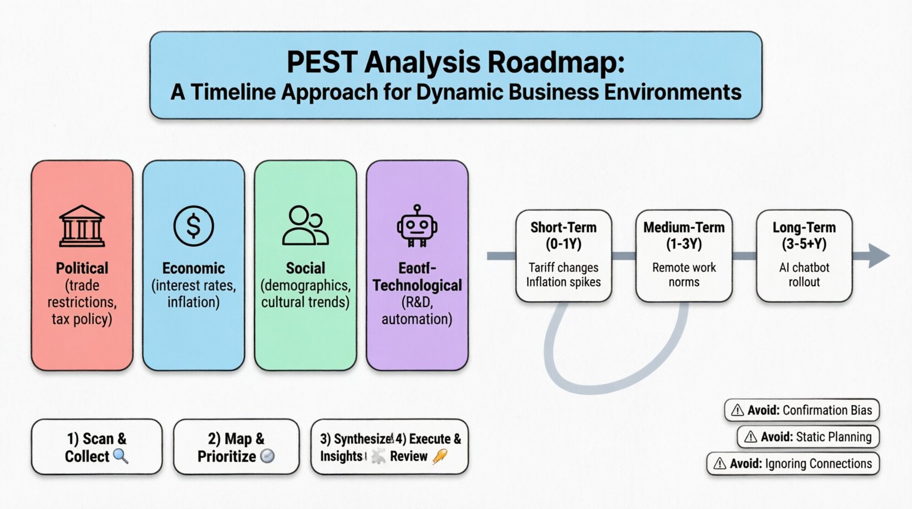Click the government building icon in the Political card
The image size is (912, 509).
(82, 226)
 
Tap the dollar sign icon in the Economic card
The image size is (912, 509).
(193, 225)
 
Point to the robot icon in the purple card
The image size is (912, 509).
(417, 225)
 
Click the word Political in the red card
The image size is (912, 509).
(82, 268)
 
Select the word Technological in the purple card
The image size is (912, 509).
(417, 285)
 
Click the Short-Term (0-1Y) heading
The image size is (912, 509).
(563, 235)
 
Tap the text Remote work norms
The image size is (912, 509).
(684, 275)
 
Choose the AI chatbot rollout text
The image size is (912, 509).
(804, 275)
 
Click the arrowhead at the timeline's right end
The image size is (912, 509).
(879, 256)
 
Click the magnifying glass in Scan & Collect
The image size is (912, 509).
(121, 456)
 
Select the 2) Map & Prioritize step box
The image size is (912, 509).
(236, 447)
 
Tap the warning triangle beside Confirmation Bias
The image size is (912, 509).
(738, 410)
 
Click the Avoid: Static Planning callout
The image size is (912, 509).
(808, 437)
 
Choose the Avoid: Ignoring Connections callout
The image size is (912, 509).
(793, 463)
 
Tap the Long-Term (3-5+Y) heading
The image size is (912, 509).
(804, 235)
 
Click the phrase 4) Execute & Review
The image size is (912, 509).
(428, 447)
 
